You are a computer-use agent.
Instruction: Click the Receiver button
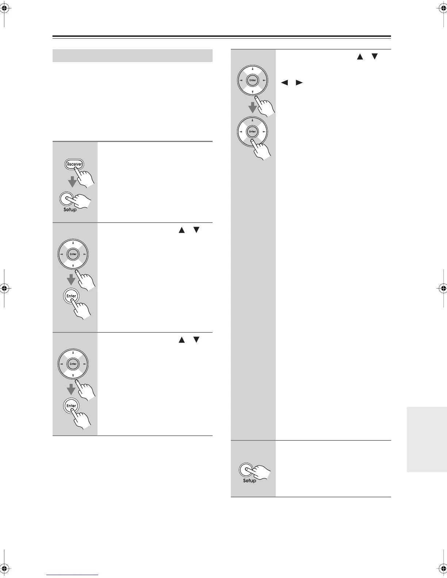[74, 164]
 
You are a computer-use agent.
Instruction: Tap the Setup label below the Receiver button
[70, 210]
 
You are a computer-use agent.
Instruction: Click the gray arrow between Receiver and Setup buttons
[72, 181]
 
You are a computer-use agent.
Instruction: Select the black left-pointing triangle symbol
[284, 83]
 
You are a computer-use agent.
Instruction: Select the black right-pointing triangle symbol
[299, 83]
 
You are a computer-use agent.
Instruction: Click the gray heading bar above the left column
[133, 56]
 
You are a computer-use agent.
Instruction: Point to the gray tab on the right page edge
[427, 439]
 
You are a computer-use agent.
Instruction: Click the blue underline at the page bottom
[72, 575]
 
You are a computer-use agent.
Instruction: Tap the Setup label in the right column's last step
[249, 481]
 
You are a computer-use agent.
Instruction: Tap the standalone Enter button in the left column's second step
[71, 296]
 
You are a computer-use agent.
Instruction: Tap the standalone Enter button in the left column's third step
[71, 406]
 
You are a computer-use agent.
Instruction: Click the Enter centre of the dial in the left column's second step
[73, 254]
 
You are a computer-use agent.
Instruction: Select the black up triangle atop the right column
[360, 57]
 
